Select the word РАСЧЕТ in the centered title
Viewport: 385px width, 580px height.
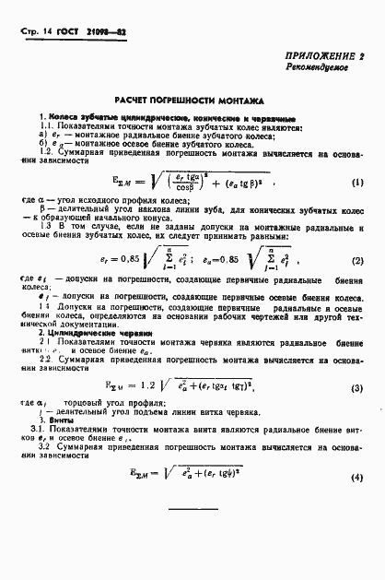[x=134, y=99]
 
